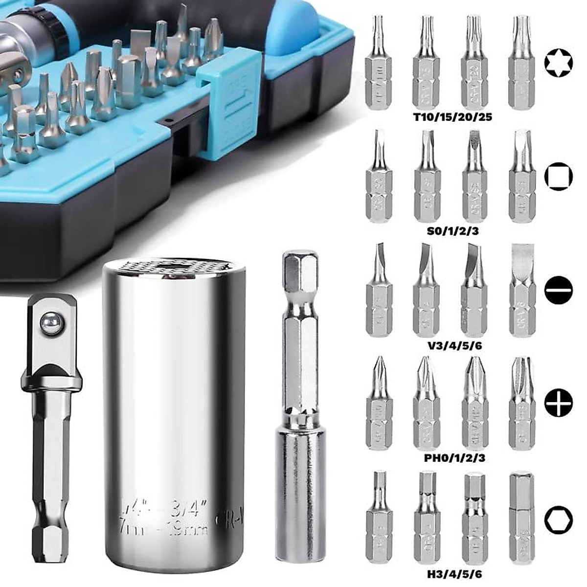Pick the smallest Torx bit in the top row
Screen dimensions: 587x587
[x=378, y=64]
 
